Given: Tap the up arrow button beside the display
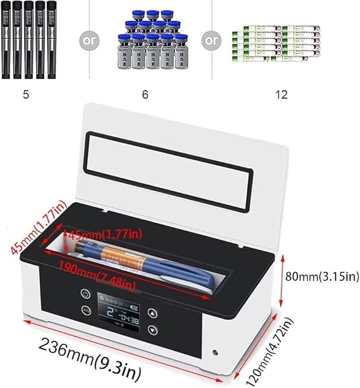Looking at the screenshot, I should (153, 313).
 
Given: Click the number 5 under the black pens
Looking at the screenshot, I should (25, 95).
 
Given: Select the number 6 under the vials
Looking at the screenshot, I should (145, 95).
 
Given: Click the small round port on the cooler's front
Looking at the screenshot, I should (216, 351).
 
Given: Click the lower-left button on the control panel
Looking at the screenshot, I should (85, 311).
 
